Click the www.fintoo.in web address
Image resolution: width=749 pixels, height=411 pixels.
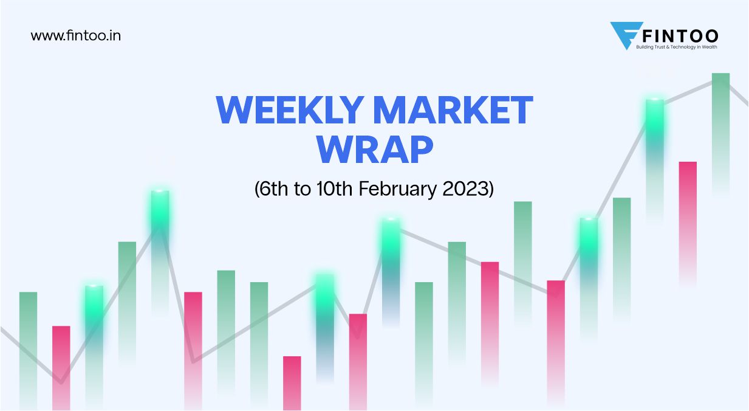coord(75,36)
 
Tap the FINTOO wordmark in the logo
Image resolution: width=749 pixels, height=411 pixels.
coord(676,35)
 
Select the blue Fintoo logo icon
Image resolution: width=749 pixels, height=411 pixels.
coord(622,35)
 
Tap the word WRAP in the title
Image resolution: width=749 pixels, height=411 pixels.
coord(375,149)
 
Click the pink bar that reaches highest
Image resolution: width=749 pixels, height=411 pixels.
coord(688,201)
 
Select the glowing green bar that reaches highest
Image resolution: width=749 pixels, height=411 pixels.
coord(655,134)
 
